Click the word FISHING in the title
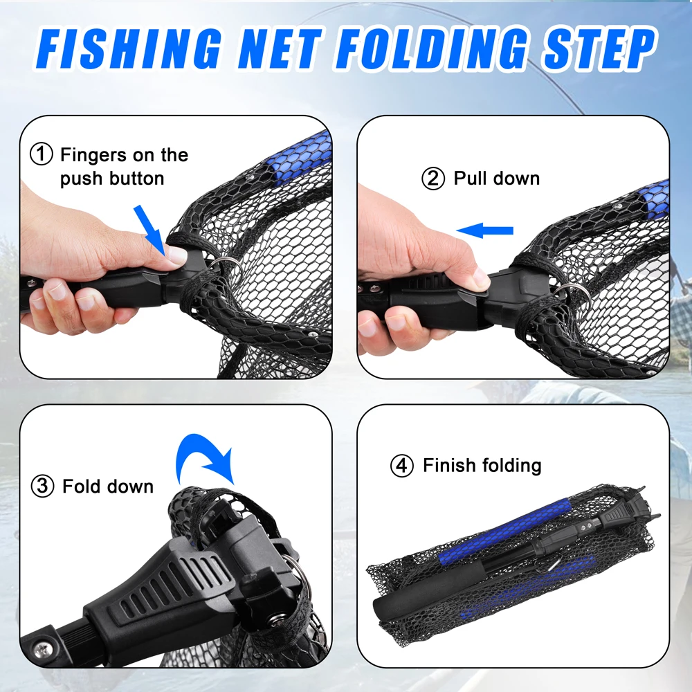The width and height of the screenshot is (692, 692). [x=129, y=48]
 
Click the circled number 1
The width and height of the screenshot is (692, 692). [x=41, y=154]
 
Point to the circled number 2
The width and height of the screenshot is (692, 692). [x=433, y=179]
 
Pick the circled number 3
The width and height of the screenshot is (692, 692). [x=42, y=486]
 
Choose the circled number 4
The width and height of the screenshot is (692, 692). [x=402, y=466]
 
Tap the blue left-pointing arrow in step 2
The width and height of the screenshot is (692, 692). [x=484, y=230]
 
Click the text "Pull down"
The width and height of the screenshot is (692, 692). [x=496, y=179]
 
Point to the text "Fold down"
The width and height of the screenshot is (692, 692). [x=108, y=486]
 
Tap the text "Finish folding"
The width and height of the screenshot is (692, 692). [x=482, y=466]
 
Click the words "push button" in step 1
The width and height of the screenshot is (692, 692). [x=112, y=179]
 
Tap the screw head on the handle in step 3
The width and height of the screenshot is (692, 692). [x=44, y=649]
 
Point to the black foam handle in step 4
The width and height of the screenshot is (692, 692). [x=428, y=587]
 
